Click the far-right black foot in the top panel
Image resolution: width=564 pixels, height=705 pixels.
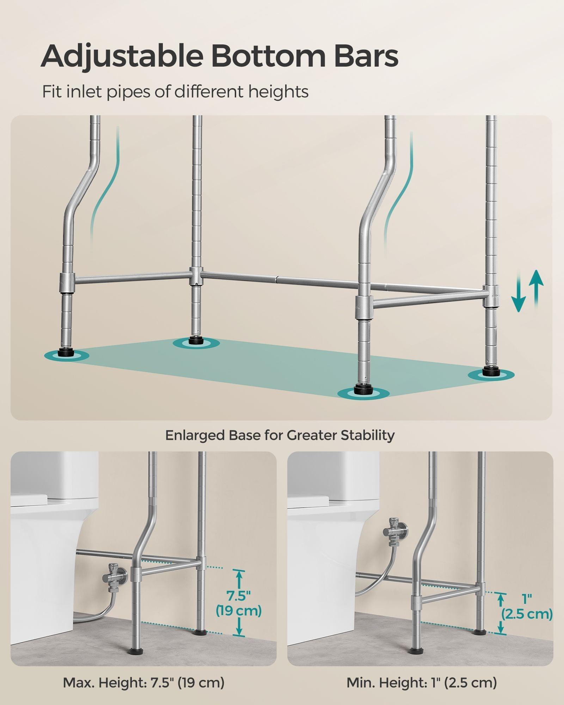pos(490,371)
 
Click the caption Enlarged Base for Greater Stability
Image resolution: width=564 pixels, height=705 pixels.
pos(280,435)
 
